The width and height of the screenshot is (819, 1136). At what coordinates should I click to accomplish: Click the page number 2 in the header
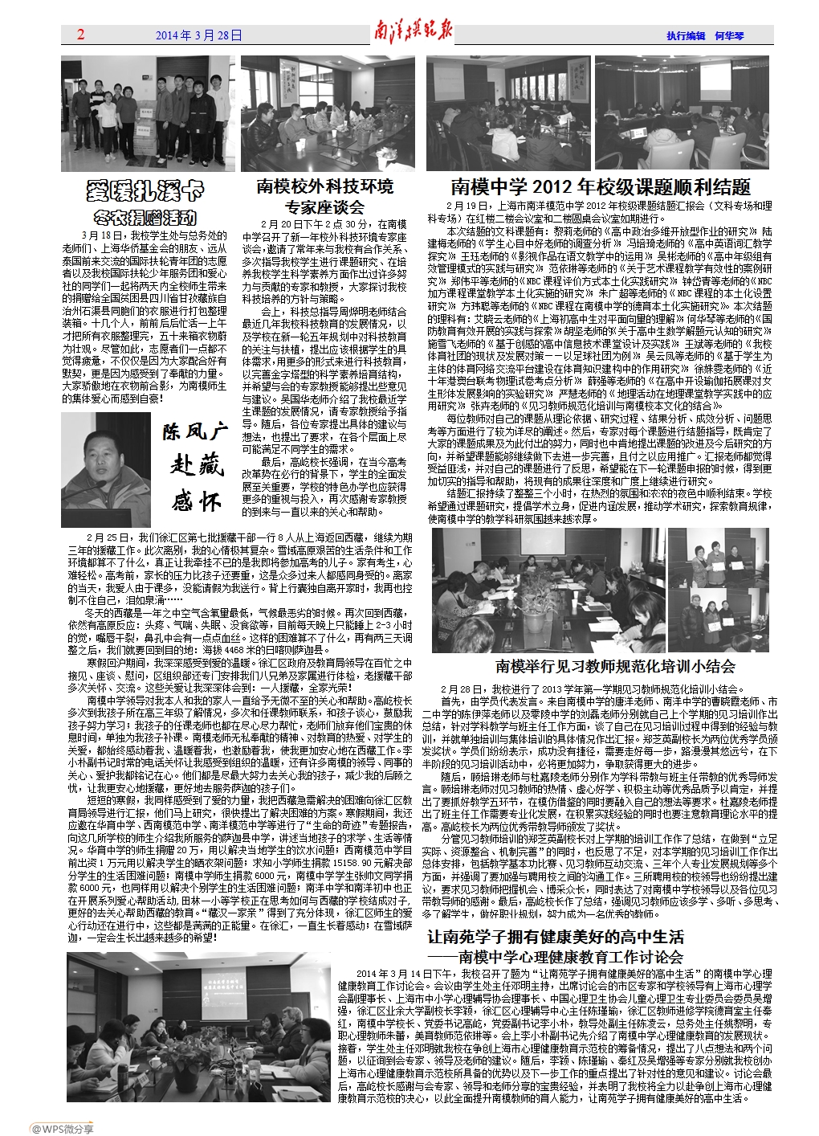pyautogui.click(x=80, y=35)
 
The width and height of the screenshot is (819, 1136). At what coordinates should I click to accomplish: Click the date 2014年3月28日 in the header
pyautogui.click(x=198, y=35)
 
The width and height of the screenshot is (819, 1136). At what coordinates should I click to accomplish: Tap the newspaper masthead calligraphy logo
pyautogui.click(x=413, y=33)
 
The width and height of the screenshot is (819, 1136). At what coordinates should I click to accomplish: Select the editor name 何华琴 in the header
pyautogui.click(x=729, y=36)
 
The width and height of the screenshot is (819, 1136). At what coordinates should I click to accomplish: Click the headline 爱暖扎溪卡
pyautogui.click(x=145, y=191)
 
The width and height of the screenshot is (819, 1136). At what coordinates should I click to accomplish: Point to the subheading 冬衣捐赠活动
pyautogui.click(x=145, y=217)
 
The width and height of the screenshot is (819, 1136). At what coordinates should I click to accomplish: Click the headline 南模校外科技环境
pyautogui.click(x=324, y=186)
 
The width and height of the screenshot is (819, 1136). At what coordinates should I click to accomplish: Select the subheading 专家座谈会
pyautogui.click(x=324, y=207)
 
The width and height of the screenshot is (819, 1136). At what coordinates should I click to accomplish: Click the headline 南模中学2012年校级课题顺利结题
pyautogui.click(x=600, y=187)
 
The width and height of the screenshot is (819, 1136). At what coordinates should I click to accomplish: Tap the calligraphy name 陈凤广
pyautogui.click(x=196, y=431)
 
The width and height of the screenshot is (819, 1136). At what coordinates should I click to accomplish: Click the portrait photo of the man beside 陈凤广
pyautogui.click(x=106, y=470)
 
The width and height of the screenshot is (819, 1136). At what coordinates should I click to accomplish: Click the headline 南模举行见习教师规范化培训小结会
pyautogui.click(x=615, y=666)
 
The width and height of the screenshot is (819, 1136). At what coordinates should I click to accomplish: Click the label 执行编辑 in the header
pyautogui.click(x=685, y=36)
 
